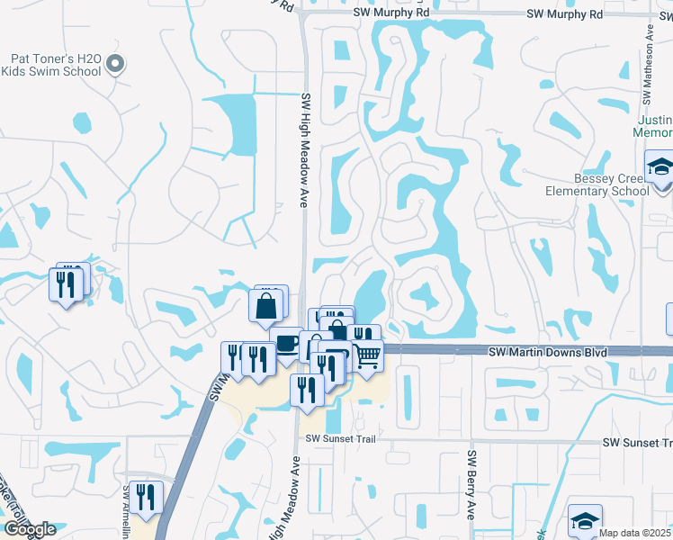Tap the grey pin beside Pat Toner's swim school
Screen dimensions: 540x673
coord(114,63)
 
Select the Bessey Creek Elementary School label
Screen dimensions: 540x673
coord(597,184)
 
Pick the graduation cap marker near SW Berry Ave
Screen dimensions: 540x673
coord(585,522)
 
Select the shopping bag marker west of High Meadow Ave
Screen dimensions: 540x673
coord(268,306)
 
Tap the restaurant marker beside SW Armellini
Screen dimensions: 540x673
coord(144,497)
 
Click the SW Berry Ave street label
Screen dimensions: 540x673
coord(471,484)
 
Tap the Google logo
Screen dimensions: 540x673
coord(30,529)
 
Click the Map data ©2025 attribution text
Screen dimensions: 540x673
coord(634,533)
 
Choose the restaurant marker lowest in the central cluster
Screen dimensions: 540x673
coord(306,390)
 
